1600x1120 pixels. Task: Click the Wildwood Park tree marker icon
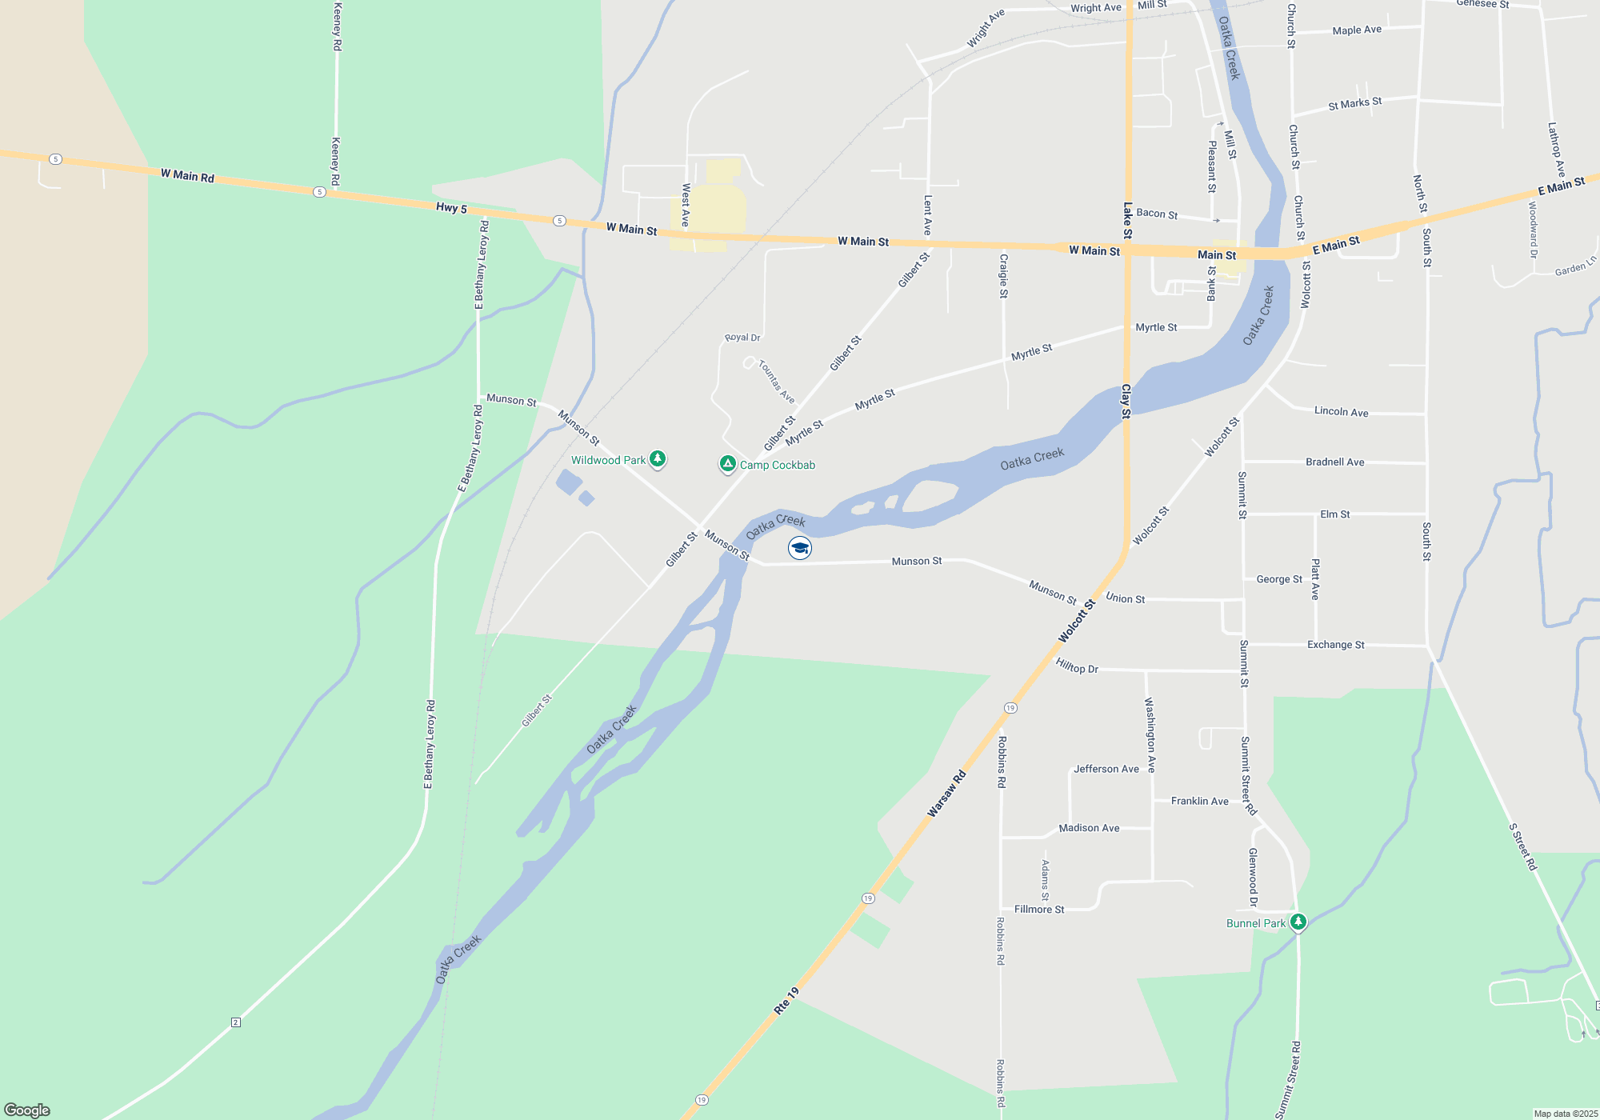[x=658, y=458]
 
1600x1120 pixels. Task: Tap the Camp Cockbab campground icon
[x=727, y=464]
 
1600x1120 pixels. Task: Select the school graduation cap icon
[x=800, y=548]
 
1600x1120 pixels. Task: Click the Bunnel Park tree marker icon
[x=1298, y=922]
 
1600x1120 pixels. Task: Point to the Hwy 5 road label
[x=451, y=208]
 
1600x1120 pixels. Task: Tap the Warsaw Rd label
[x=946, y=794]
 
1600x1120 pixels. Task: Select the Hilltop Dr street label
[x=1077, y=666]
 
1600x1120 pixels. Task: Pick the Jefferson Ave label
[x=1106, y=769]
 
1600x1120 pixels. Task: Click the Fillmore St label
[x=1039, y=910]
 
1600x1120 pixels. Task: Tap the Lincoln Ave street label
[x=1341, y=411]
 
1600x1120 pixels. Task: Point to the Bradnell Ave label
[x=1334, y=462]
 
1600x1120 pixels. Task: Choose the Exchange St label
[x=1335, y=644]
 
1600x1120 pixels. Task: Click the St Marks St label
[x=1354, y=103]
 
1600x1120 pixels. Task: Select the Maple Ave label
[x=1357, y=30]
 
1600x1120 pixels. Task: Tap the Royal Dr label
[x=742, y=338]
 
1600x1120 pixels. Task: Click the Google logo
[x=27, y=1110]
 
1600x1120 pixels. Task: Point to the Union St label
[x=1125, y=598]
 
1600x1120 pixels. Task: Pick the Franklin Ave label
[x=1199, y=801]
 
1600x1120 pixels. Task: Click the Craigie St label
[x=1003, y=276]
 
